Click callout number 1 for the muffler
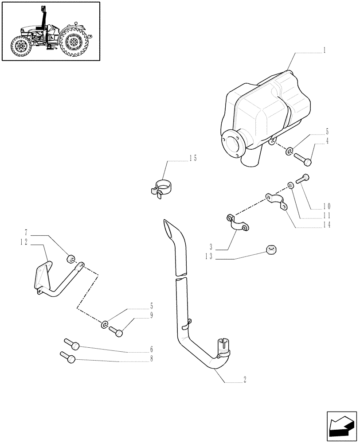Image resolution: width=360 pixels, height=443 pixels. pos(325,51)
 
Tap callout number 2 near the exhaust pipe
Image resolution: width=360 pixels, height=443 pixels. pos(245,379)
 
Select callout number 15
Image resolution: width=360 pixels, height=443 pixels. pos(192,158)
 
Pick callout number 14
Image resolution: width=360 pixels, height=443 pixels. pos(327,225)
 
